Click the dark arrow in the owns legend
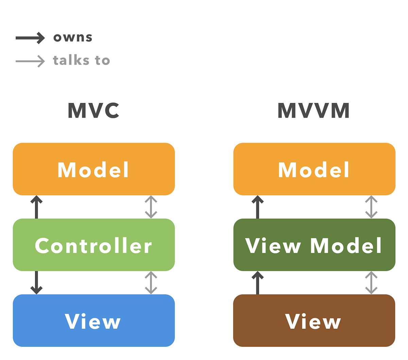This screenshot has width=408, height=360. (x=30, y=38)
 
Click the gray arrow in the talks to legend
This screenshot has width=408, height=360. (x=30, y=61)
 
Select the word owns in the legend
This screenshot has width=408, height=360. (x=73, y=37)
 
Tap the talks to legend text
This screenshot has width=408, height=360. (x=81, y=60)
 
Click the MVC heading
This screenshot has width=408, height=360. (x=93, y=110)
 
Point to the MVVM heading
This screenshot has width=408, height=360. (x=313, y=110)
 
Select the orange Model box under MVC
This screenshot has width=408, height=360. (x=93, y=169)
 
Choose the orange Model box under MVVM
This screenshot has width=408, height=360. (x=314, y=169)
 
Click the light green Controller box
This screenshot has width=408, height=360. (x=93, y=245)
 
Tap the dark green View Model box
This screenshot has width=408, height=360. (x=314, y=245)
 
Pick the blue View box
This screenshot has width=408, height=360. (x=93, y=321)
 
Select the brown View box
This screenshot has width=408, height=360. (x=314, y=321)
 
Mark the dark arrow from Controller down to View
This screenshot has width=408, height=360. (x=36, y=282)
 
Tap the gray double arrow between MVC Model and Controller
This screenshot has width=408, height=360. (x=151, y=207)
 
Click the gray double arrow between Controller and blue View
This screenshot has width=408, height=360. (x=151, y=282)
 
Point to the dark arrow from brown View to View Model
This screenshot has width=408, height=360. (x=257, y=282)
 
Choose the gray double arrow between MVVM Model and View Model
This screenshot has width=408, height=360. (x=371, y=207)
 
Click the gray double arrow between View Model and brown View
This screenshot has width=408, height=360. (x=371, y=282)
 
